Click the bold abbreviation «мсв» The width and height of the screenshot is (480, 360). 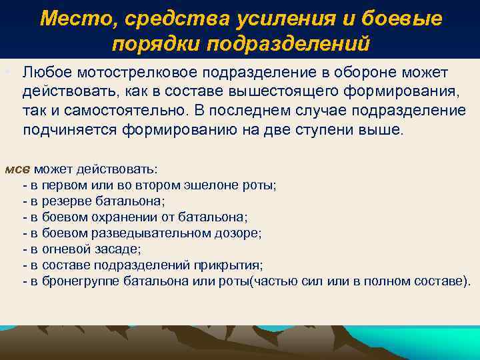[17, 169]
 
